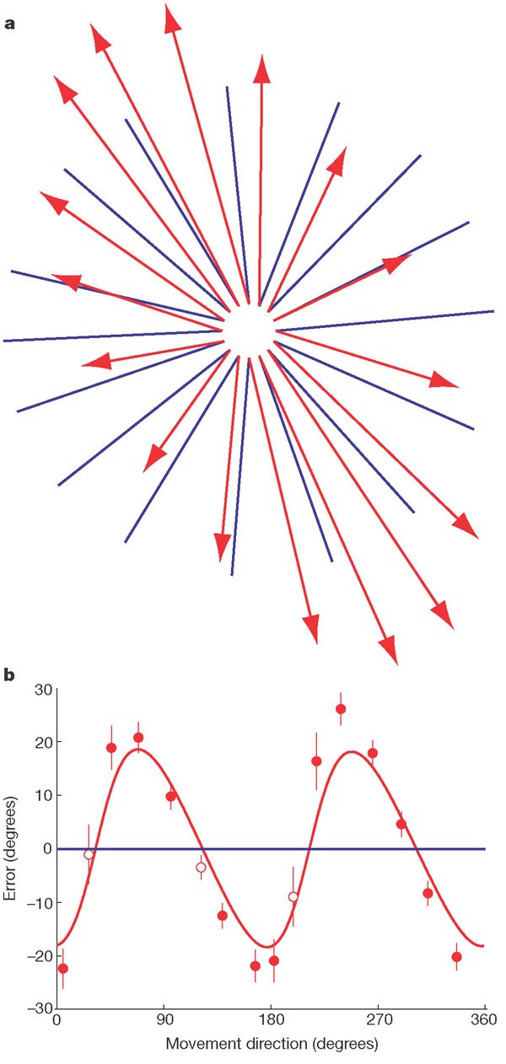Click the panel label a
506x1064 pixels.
9,24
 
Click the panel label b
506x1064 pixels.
9,676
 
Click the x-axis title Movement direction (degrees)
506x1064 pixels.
271,1046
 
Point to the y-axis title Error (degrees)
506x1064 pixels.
12,847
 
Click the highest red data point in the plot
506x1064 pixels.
341,709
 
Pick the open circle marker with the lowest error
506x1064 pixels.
293,897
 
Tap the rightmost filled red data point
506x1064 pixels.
456,957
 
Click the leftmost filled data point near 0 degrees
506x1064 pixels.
62,969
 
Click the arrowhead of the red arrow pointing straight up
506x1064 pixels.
262,70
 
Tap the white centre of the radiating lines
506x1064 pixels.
250,330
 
